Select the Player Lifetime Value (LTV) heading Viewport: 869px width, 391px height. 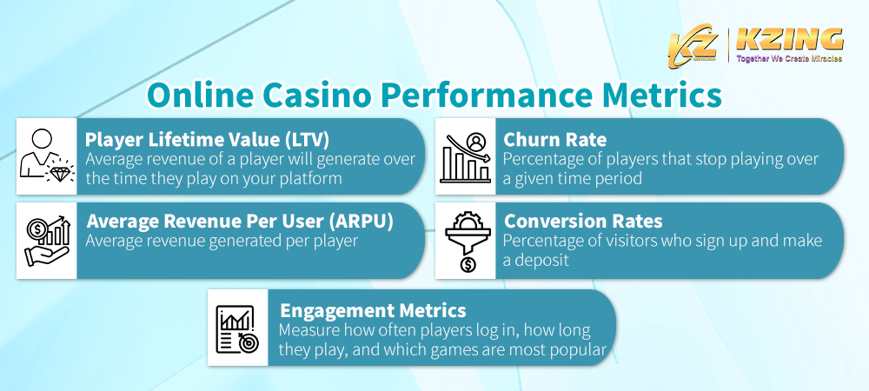[207, 139]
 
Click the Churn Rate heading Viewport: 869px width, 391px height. [554, 139]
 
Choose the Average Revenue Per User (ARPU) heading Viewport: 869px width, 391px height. [240, 221]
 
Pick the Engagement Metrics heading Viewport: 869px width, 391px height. [372, 310]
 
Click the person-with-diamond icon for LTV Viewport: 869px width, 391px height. [46, 156]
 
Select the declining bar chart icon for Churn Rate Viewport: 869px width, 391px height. [465, 156]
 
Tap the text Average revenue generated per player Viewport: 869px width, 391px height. [222, 241]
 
